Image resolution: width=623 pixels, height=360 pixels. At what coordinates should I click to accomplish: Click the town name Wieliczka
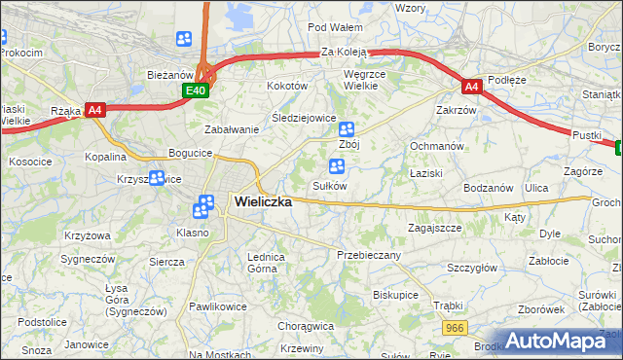click(x=263, y=201)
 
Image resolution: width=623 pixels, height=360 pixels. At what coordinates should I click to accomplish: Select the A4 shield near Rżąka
click(x=94, y=110)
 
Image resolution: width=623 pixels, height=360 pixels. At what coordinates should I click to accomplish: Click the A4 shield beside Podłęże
click(x=472, y=87)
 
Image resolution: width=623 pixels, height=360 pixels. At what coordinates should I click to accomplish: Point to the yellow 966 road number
click(x=453, y=331)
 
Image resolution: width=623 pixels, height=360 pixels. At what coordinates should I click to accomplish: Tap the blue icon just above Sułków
click(x=337, y=166)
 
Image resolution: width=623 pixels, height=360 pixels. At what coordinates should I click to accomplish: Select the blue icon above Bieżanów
click(x=184, y=39)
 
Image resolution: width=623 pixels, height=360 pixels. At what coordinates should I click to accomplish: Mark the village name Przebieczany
click(x=369, y=254)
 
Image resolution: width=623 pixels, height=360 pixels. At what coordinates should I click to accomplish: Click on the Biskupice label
click(x=395, y=293)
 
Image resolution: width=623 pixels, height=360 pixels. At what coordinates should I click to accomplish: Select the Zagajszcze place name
click(x=433, y=227)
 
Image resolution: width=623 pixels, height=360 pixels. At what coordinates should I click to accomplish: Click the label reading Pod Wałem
click(x=335, y=27)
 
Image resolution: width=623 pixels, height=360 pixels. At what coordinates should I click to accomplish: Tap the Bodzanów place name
click(x=488, y=187)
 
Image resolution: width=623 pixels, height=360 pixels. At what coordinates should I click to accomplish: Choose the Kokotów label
click(x=287, y=86)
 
